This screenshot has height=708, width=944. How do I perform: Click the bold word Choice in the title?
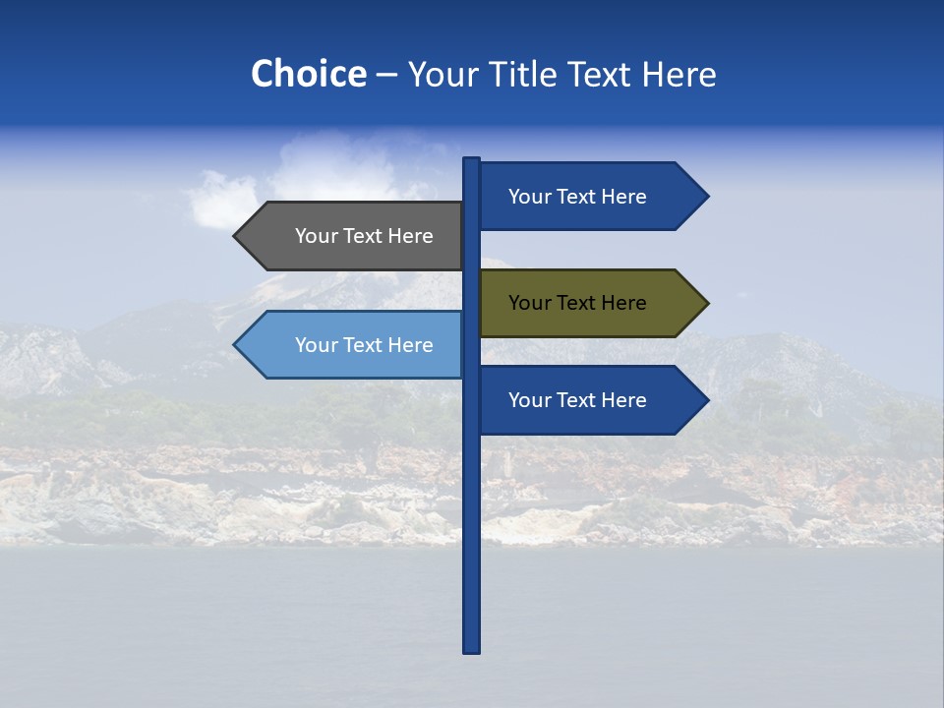[x=308, y=74]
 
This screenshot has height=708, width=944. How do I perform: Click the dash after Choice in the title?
[x=386, y=75]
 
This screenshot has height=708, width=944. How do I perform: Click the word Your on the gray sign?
[x=316, y=236]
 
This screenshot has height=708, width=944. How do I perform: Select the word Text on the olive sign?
[x=576, y=303]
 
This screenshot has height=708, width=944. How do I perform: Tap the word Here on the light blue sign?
[x=410, y=345]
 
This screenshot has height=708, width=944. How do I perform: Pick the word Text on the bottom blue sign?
[x=576, y=400]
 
